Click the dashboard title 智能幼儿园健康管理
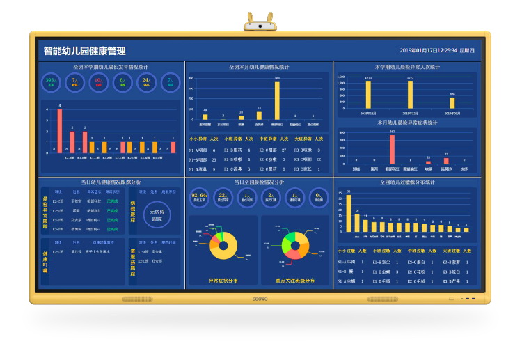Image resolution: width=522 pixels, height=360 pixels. click(x=84, y=51)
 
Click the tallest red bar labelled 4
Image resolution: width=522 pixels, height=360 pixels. click(x=60, y=130)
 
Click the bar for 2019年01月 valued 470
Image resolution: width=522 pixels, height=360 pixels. click(x=452, y=102)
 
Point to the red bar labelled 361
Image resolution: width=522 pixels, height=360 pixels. click(x=393, y=148)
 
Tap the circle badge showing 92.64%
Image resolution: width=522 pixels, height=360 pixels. click(x=200, y=197)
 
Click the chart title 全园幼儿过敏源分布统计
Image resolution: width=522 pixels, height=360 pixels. click(x=407, y=182)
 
